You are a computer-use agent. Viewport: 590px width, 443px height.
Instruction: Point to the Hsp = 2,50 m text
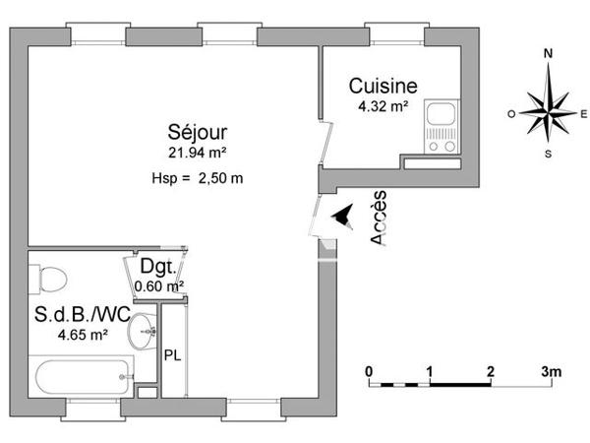click(x=197, y=178)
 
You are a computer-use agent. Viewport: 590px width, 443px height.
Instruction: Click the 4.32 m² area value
click(x=379, y=107)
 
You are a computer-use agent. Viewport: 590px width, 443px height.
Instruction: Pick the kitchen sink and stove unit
click(x=442, y=127)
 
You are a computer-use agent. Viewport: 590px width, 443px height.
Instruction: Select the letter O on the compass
click(x=512, y=114)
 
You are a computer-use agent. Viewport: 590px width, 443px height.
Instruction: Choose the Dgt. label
click(x=158, y=267)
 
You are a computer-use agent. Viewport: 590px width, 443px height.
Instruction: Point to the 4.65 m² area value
click(x=83, y=336)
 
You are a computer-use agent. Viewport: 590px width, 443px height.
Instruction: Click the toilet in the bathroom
click(x=49, y=277)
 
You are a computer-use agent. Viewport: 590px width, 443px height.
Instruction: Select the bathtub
click(x=83, y=376)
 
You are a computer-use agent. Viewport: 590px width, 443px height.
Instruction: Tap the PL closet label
click(x=171, y=354)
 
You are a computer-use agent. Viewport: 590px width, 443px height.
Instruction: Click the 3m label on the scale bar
click(x=551, y=371)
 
